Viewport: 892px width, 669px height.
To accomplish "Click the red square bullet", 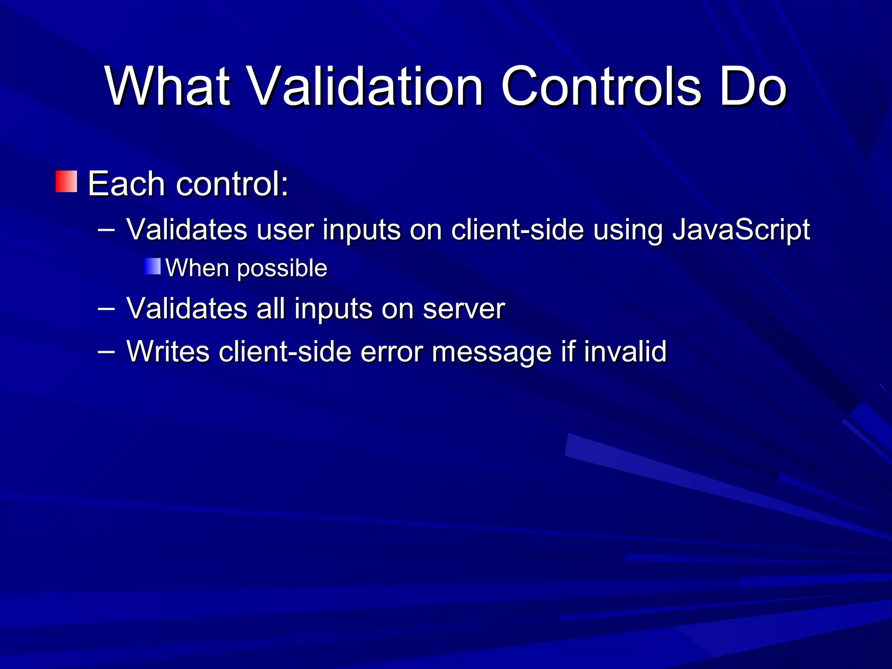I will coord(66,182).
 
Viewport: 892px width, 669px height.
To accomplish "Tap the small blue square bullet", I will coord(152,266).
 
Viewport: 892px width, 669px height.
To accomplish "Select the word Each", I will coord(126,184).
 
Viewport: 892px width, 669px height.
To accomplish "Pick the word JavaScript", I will coord(741,230).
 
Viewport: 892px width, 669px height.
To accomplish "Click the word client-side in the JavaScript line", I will coord(517,230).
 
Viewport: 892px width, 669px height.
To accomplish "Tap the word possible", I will coord(282,269).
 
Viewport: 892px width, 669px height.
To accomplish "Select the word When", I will coord(197,268).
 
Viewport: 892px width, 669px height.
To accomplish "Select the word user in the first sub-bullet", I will coord(285,230).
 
